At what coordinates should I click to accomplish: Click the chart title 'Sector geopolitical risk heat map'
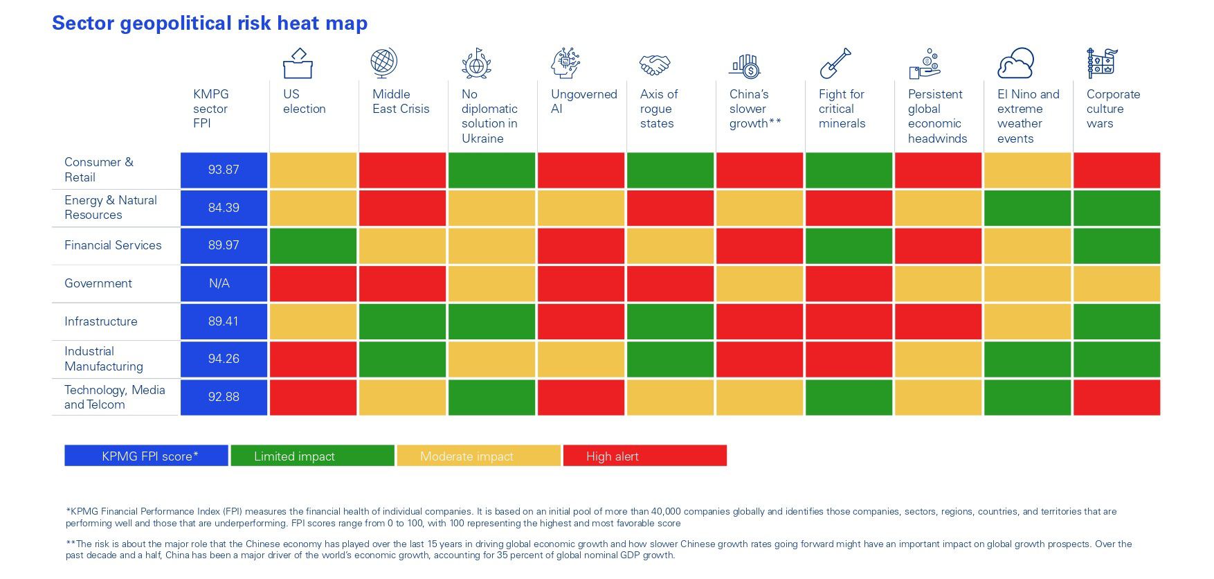coord(210,24)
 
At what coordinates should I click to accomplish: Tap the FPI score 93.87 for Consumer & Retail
coord(224,170)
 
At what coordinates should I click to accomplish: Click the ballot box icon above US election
coord(298,64)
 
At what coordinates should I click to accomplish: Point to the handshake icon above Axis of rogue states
coord(654,65)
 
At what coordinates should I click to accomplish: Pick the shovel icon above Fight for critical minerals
coord(835,64)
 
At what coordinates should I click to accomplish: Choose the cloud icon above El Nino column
coord(1015,64)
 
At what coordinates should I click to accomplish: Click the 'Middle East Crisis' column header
coord(401,102)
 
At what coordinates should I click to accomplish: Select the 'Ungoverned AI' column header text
coord(583,102)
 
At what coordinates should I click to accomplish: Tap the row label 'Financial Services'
coord(113,245)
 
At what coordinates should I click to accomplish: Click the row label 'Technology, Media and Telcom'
coord(114,397)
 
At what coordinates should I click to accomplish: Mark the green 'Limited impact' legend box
coord(312,456)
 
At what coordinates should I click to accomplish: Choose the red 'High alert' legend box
coord(645,456)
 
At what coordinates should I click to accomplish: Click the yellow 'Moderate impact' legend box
coord(478,456)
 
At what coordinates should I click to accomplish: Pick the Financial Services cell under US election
coord(313,246)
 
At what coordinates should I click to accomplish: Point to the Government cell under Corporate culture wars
coord(1116,283)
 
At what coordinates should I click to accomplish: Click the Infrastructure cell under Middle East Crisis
coord(402,321)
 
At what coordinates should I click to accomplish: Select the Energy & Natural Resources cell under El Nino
coord(1027,208)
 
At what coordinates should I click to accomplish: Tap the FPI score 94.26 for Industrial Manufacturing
coord(224,359)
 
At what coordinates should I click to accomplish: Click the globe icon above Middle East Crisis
coord(383,62)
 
